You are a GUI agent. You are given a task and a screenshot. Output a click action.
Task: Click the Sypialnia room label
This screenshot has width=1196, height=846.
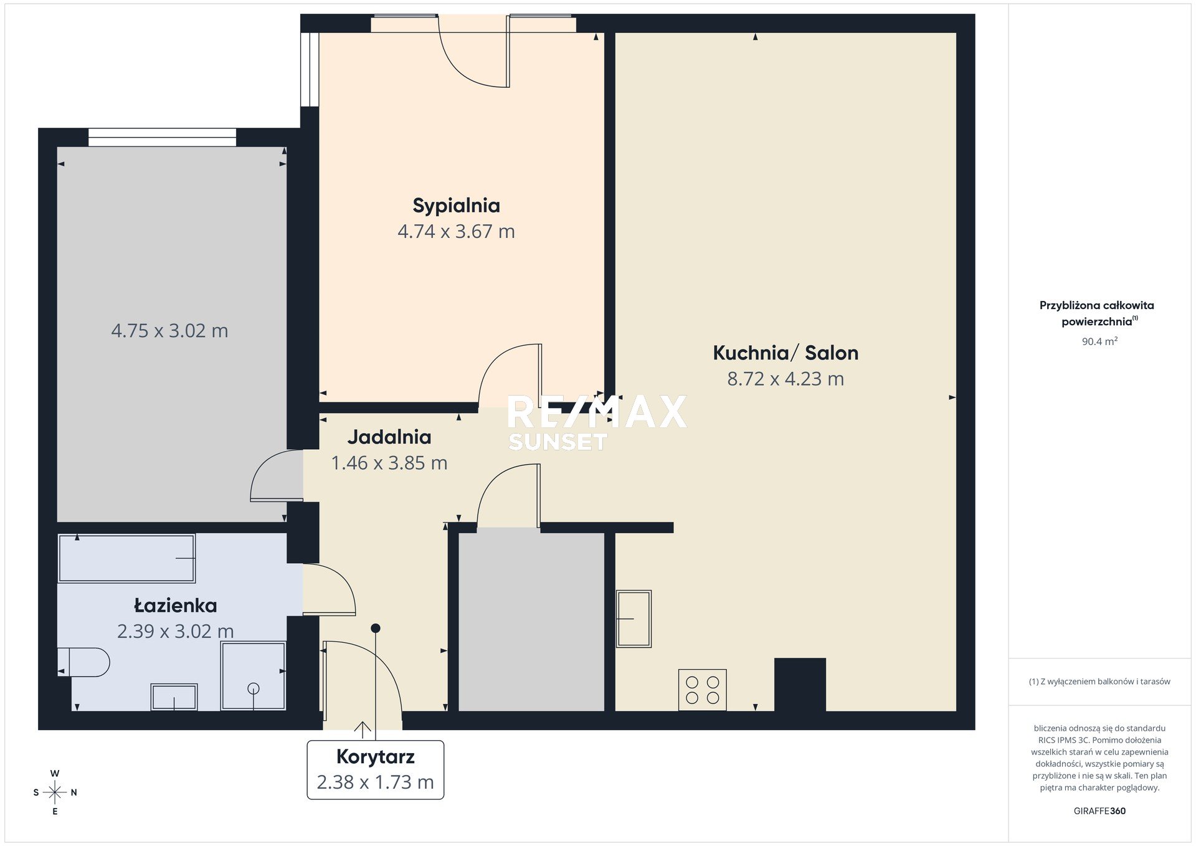tap(456, 206)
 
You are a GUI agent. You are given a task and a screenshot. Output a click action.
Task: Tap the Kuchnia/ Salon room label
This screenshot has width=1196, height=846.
tap(785, 353)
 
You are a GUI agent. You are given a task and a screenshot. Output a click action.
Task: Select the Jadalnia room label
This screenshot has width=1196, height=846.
tap(389, 437)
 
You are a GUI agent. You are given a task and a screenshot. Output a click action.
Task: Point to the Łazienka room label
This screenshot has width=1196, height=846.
tap(176, 605)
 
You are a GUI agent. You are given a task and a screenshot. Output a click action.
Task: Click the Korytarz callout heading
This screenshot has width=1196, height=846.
tap(376, 756)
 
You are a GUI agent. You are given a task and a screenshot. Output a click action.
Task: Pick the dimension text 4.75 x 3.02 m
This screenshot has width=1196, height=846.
tap(169, 330)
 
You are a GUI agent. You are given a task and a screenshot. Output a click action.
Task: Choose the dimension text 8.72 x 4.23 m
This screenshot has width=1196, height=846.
tap(785, 379)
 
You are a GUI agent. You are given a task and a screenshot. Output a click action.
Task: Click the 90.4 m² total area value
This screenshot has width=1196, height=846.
tap(1099, 341)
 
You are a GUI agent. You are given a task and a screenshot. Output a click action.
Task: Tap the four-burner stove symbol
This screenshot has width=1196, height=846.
tap(703, 690)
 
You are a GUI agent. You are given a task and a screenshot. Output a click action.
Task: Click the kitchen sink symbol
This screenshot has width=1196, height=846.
tap(634, 619)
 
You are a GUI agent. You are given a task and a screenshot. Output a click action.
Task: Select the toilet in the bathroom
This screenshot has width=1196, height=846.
tap(83, 662)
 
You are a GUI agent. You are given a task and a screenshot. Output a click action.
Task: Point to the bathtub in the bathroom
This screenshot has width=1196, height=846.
tap(126, 558)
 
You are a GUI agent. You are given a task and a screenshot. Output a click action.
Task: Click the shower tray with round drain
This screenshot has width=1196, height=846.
tap(254, 676)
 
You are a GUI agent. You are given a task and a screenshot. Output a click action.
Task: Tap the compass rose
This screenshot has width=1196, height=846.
tap(55, 792)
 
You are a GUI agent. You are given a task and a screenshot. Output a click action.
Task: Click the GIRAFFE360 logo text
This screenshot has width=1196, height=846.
tap(1099, 810)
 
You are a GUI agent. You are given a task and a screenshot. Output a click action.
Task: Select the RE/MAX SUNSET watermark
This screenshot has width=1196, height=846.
tap(597, 422)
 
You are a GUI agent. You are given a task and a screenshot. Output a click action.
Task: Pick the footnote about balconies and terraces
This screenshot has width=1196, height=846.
tap(1099, 682)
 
